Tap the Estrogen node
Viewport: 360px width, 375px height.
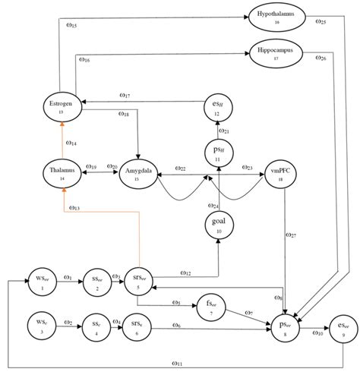pyautogui.click(x=61, y=106)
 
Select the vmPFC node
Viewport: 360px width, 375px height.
pyautogui.click(x=283, y=174)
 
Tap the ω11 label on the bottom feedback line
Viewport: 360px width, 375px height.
pyautogui.click(x=177, y=363)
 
